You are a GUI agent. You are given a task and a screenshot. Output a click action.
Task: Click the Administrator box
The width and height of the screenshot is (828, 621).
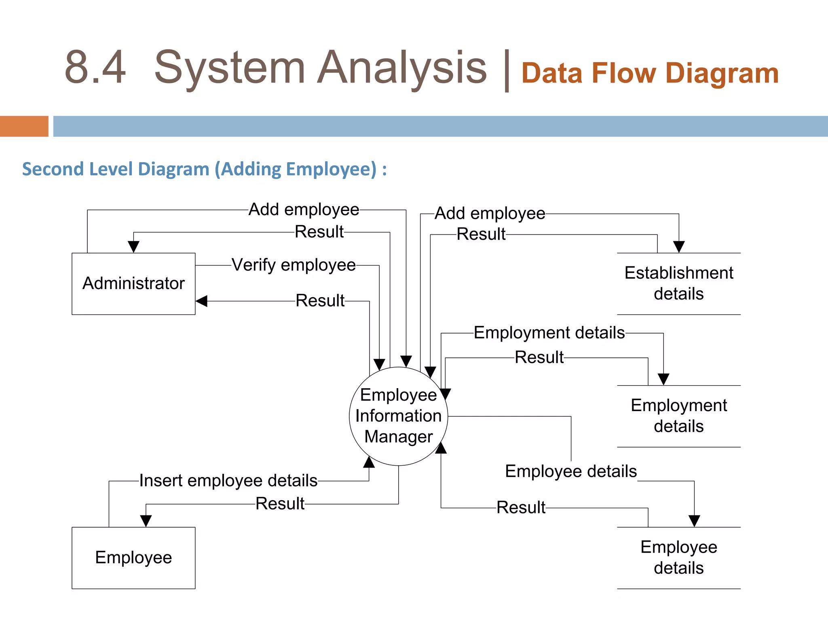tap(133, 283)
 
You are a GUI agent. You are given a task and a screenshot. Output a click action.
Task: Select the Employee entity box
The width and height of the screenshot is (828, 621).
tap(133, 558)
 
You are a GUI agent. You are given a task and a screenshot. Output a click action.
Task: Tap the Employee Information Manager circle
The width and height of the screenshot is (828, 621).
tap(398, 416)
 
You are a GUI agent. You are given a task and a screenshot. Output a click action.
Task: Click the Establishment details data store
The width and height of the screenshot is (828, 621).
tap(678, 283)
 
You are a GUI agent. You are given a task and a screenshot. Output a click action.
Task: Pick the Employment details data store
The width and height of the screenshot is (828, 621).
tap(678, 416)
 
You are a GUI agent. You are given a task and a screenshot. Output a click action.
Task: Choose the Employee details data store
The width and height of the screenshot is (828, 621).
tap(678, 558)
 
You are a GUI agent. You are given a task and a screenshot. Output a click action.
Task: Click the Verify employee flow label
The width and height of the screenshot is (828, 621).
tap(294, 265)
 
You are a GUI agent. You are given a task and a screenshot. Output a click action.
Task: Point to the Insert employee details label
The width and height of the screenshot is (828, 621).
tap(228, 481)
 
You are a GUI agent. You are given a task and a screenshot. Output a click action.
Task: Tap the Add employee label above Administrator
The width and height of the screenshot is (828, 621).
tap(304, 209)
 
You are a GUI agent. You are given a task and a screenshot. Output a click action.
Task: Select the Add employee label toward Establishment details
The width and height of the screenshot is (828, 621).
tap(490, 213)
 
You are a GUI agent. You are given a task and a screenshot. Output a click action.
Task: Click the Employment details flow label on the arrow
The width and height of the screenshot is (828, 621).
tap(549, 333)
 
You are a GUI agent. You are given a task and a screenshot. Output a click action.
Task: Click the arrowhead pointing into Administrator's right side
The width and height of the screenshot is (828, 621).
tap(202, 301)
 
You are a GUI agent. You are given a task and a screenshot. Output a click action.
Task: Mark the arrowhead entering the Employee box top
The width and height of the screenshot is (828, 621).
tap(146, 521)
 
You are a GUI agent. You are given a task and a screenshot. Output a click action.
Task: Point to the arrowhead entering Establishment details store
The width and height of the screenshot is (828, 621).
tap(679, 247)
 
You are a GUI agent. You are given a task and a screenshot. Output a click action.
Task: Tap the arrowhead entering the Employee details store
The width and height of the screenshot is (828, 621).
tap(694, 521)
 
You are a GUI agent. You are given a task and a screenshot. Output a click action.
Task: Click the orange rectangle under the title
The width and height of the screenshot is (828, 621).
tap(24, 126)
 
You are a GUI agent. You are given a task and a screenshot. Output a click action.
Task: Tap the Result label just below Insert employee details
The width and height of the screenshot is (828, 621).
tap(280, 504)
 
